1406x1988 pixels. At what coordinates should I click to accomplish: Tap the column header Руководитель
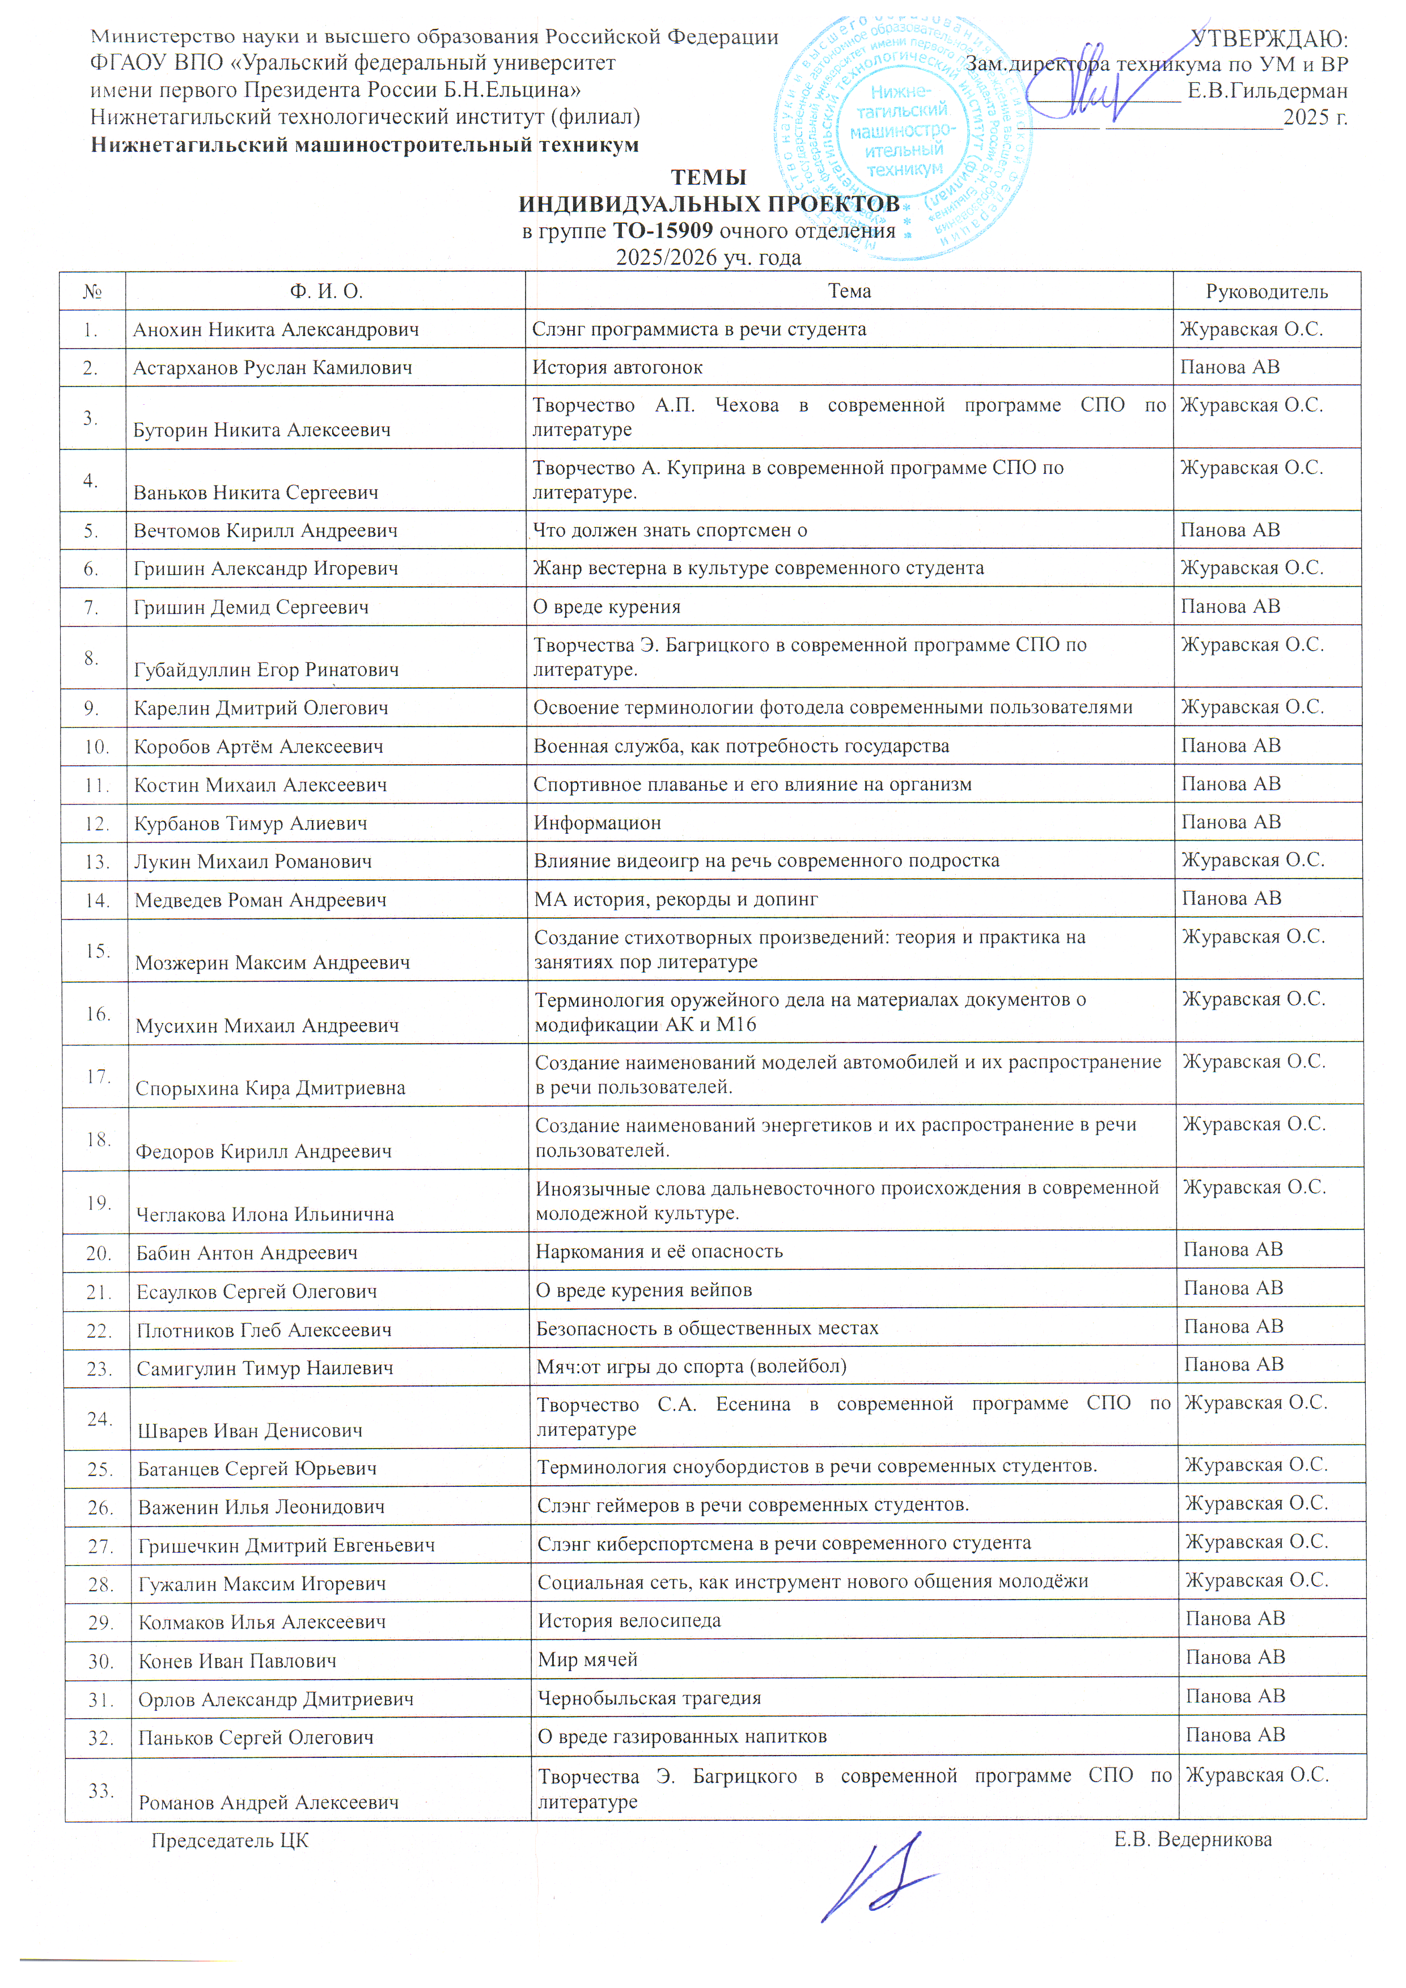click(1266, 292)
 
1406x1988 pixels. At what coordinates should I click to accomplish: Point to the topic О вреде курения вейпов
click(643, 1290)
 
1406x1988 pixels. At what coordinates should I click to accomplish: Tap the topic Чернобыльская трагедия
click(649, 1698)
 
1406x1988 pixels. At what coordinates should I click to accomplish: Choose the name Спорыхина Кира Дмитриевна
click(269, 1088)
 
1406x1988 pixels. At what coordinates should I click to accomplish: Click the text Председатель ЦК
click(230, 1841)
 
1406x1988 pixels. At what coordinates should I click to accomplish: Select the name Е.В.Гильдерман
click(1267, 91)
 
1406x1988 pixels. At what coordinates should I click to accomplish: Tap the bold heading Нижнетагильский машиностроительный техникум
click(365, 146)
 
